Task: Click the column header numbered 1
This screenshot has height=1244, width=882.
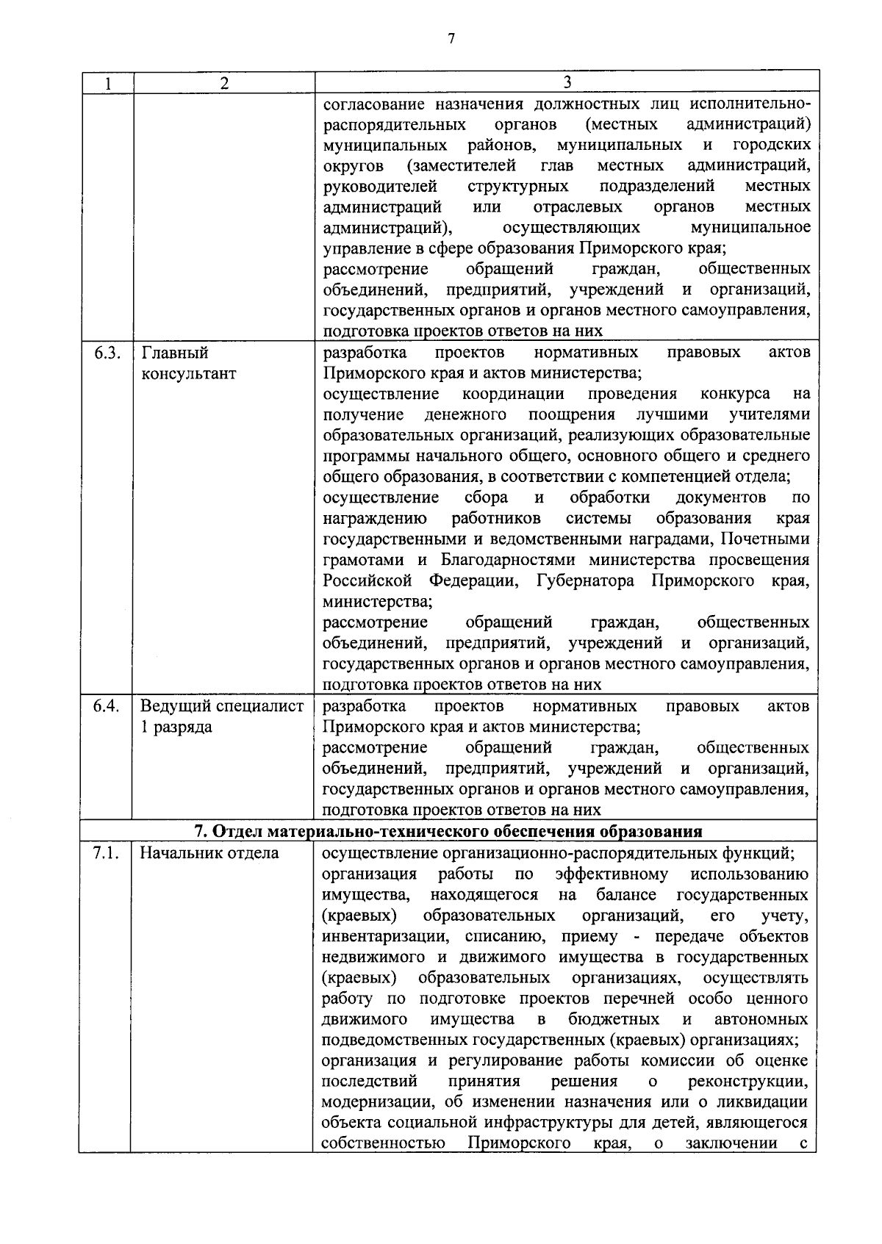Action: click(x=107, y=83)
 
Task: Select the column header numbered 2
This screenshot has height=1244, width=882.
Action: click(x=224, y=83)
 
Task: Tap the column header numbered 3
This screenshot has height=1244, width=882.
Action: click(x=567, y=82)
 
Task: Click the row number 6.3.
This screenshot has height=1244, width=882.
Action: click(x=107, y=353)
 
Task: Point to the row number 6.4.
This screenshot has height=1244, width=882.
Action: click(x=107, y=706)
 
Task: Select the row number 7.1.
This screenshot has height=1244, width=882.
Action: click(x=107, y=853)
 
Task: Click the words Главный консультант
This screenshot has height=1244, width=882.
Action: click(x=188, y=363)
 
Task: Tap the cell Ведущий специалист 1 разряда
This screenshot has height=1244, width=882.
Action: click(x=222, y=716)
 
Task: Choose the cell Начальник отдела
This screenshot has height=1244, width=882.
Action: click(x=209, y=853)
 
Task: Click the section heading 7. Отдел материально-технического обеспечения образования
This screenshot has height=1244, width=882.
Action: click(x=448, y=832)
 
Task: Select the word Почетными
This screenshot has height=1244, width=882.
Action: click(x=764, y=540)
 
